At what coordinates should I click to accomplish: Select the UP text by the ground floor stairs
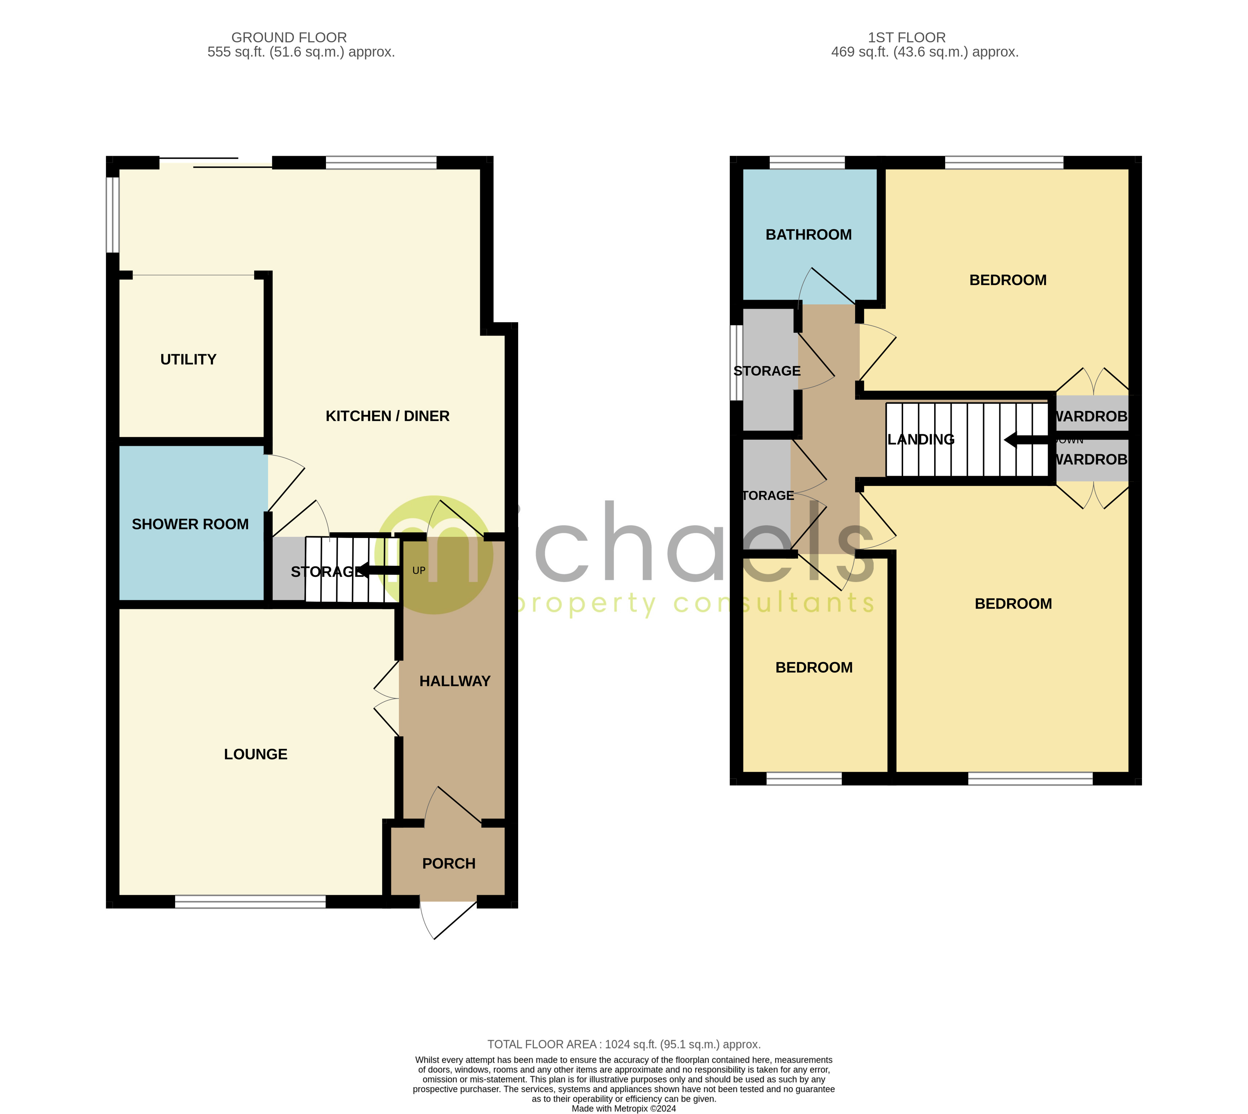point(418,570)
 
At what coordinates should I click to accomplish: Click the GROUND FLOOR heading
point(289,37)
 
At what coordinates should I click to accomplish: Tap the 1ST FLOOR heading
point(906,37)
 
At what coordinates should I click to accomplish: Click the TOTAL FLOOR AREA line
point(624,1044)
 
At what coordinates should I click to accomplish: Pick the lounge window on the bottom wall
point(250,902)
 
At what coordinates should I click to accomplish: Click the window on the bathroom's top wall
point(807,162)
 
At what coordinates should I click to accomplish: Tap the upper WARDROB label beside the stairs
point(1091,416)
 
